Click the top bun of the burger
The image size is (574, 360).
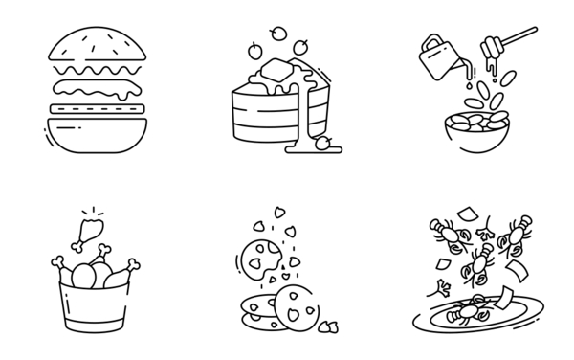point(99,44)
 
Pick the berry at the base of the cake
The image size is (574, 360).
point(323,144)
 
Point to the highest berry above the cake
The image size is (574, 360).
point(278,34)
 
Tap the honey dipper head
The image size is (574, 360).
point(491,47)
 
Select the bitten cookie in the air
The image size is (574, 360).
point(259,258)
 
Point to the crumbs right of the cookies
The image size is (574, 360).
point(329,326)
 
